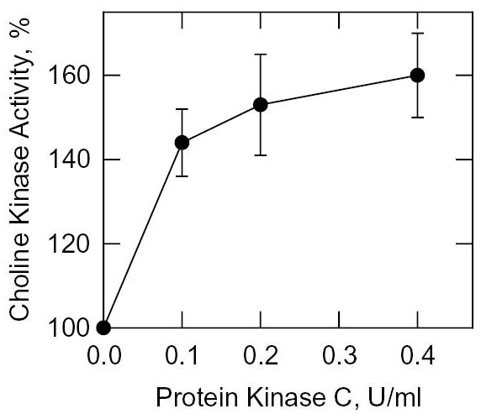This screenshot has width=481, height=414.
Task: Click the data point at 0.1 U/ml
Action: (182, 143)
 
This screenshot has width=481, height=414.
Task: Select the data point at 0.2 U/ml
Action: (260, 104)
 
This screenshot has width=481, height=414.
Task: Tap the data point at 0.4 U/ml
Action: (416, 75)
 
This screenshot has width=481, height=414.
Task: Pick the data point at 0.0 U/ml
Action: (103, 328)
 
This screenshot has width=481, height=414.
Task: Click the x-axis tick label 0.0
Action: (103, 356)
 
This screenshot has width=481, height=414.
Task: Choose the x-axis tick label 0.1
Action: (182, 356)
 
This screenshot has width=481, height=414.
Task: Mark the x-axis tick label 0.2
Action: (260, 356)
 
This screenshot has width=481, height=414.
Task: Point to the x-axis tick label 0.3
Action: (338, 356)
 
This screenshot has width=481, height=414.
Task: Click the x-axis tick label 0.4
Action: (416, 356)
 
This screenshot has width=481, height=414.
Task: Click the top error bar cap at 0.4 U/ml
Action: (416, 33)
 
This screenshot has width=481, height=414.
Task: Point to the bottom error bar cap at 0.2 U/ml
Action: (260, 155)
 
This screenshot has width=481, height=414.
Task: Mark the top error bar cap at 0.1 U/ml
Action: (182, 109)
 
